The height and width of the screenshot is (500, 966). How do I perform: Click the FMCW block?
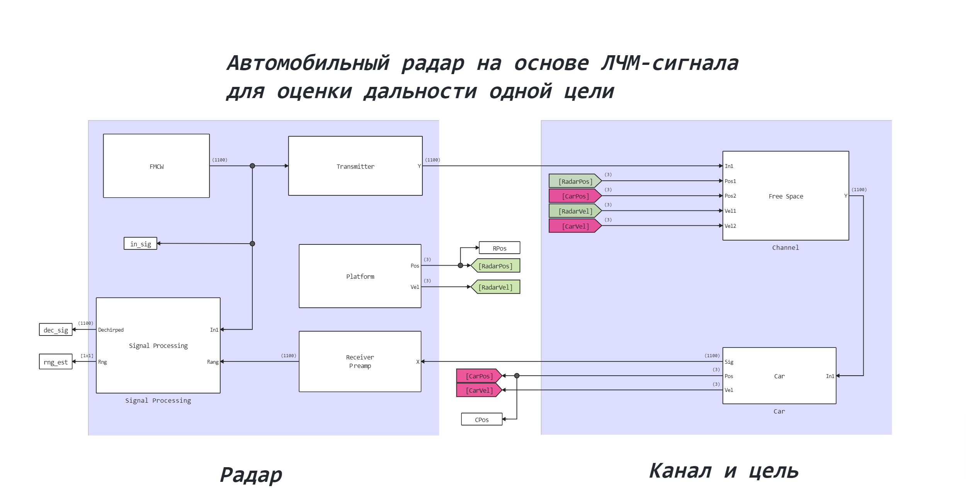pos(156,166)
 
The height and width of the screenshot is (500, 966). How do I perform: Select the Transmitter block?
pos(355,166)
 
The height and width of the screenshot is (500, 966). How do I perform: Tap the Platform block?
pos(360,276)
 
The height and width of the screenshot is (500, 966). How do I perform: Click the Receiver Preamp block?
pos(360,361)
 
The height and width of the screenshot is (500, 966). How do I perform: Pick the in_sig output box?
pos(140,244)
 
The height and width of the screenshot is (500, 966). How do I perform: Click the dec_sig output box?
pos(56,330)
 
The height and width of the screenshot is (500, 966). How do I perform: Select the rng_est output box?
pos(56,362)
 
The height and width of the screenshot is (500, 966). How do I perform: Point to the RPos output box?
pos(499,248)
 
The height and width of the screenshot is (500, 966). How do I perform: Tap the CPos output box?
pos(481,419)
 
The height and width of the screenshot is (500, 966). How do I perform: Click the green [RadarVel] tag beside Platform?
pos(495,287)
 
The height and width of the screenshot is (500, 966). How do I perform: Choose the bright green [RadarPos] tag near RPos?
pos(495,266)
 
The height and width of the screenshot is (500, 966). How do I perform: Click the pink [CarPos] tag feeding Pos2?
pos(575,196)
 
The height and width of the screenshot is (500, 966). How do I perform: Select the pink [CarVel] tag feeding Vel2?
pos(575,226)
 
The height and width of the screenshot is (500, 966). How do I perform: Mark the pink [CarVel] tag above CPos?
pos(479,390)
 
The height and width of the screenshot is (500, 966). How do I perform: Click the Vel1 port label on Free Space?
pos(730,211)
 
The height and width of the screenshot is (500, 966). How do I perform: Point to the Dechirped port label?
pos(111,330)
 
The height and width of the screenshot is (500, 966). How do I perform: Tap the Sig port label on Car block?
pos(729,362)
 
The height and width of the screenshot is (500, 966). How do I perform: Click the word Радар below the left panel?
pos(251,474)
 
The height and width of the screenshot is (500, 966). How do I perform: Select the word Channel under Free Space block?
pos(785,247)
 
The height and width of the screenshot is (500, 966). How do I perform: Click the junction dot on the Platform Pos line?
pos(460,266)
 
